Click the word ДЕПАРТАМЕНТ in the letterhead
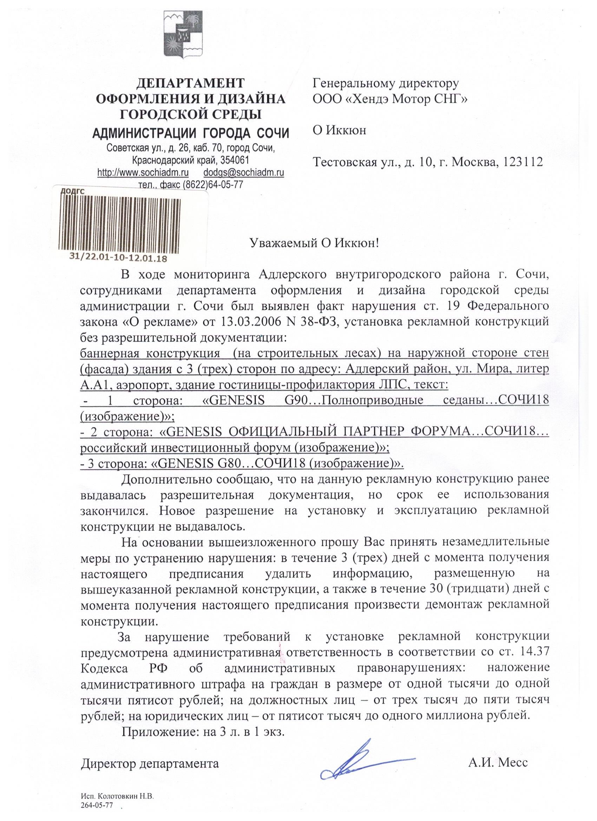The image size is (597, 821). click(x=191, y=83)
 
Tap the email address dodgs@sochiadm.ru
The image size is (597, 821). click(x=243, y=172)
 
